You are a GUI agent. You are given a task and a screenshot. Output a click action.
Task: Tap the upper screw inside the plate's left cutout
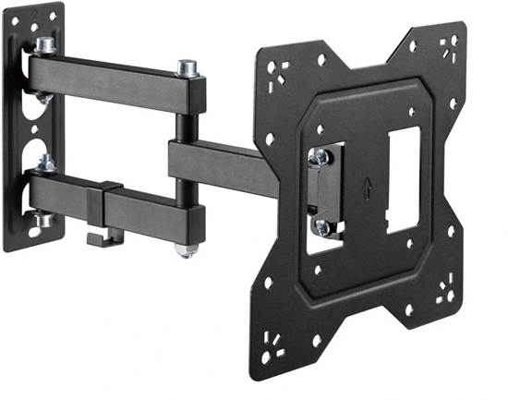coord(321,157)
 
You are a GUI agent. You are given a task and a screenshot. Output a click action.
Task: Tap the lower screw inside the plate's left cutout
coord(321,225)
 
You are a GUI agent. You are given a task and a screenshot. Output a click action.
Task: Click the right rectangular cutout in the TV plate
coord(404,179)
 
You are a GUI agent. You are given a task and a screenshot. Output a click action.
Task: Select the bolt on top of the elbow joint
coord(187,67)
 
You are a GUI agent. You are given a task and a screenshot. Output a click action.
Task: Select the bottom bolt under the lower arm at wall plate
coord(42,220)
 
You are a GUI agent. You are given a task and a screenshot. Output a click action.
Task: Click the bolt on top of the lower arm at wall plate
coord(44,164)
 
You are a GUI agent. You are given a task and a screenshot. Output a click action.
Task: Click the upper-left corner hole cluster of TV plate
coord(278,71)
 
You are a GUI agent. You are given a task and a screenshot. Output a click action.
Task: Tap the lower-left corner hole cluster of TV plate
coord(276,350)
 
